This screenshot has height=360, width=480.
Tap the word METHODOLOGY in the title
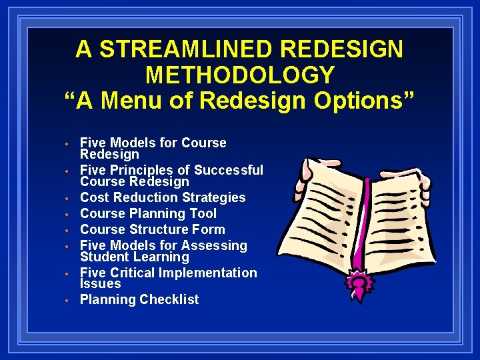pos(240,75)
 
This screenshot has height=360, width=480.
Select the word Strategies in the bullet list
pos(211,197)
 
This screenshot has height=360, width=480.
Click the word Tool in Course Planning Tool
pos(203,213)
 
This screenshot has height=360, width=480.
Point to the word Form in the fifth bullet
pos(209,229)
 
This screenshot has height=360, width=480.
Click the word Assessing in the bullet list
pos(215,245)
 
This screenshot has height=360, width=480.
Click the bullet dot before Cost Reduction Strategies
pos(67,199)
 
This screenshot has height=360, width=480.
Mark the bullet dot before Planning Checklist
pos(67,301)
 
